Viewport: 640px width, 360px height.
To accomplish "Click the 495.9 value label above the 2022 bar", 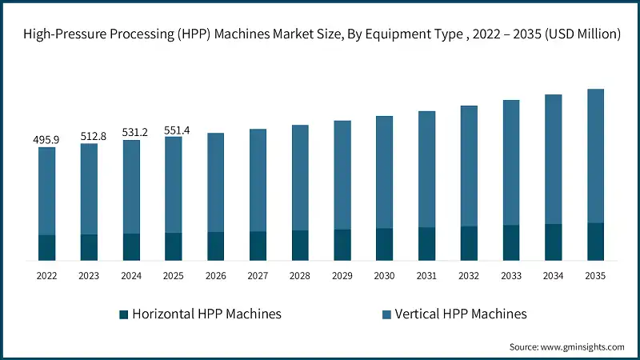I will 46,139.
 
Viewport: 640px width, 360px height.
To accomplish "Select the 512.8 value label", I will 89,136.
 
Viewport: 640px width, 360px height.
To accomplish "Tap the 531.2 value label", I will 131,133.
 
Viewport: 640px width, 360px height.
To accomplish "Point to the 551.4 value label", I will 174,129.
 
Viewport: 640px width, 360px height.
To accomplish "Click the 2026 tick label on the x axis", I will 215,276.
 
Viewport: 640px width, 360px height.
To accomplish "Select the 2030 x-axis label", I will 385,276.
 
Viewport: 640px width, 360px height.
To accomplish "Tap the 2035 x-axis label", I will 595,276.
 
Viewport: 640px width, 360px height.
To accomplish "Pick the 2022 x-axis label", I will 46,276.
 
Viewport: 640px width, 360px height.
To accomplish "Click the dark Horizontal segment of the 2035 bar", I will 595,241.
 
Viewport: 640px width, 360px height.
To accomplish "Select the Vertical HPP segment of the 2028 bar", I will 300,178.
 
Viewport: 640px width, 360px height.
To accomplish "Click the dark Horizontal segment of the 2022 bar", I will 46,247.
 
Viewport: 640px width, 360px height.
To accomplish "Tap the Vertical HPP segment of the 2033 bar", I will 511,162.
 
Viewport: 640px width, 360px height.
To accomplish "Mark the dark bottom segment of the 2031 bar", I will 426,243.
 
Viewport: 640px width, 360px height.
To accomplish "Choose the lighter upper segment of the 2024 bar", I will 131,187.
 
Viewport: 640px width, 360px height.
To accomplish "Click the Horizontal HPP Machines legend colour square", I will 123,314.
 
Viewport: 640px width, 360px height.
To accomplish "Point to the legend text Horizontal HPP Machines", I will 206,314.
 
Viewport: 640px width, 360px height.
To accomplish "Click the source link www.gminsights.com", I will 581,346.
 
